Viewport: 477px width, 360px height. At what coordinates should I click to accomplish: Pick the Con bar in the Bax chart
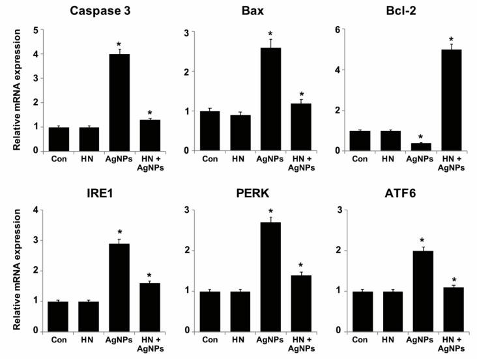click(210, 131)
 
